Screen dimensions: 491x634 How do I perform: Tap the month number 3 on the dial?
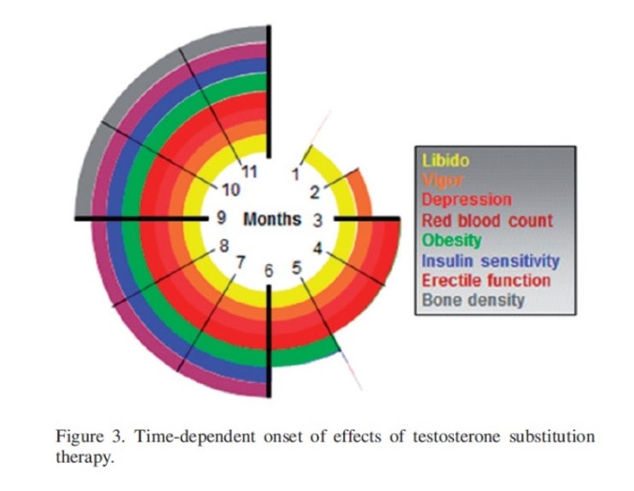click(317, 220)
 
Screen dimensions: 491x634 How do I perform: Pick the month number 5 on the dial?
click(296, 268)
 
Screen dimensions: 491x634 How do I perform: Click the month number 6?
click(270, 272)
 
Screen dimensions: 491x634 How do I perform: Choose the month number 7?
click(241, 263)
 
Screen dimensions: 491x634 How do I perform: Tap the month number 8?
click(224, 246)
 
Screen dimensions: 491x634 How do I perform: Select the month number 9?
click(221, 218)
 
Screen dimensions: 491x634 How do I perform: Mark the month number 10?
click(230, 189)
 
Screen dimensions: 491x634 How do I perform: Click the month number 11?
click(250, 171)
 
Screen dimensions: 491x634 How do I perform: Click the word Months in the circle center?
click(272, 219)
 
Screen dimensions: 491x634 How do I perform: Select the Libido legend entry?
click(445, 160)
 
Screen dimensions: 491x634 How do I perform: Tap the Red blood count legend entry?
click(487, 220)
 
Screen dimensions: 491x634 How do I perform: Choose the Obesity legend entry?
click(451, 240)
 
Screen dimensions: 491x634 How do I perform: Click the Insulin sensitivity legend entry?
click(491, 261)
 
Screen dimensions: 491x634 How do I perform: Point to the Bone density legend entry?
click(473, 300)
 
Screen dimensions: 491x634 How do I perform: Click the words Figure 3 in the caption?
click(85, 437)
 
